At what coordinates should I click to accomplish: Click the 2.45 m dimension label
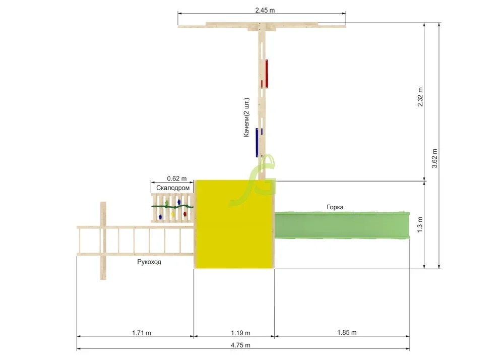pyautogui.click(x=265, y=10)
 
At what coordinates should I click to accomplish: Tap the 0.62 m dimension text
pyautogui.click(x=177, y=178)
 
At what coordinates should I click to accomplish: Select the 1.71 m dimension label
pyautogui.click(x=142, y=333)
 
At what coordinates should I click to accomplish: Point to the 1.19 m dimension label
pyautogui.click(x=240, y=333)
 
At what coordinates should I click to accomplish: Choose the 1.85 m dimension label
pyautogui.click(x=347, y=332)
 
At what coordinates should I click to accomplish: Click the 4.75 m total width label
pyautogui.click(x=240, y=345)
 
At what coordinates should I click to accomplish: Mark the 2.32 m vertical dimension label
pyautogui.click(x=420, y=97)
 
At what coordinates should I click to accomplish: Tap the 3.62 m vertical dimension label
pyautogui.click(x=434, y=158)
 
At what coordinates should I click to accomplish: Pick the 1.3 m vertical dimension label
pyautogui.click(x=420, y=225)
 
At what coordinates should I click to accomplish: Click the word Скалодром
pyautogui.click(x=173, y=188)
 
